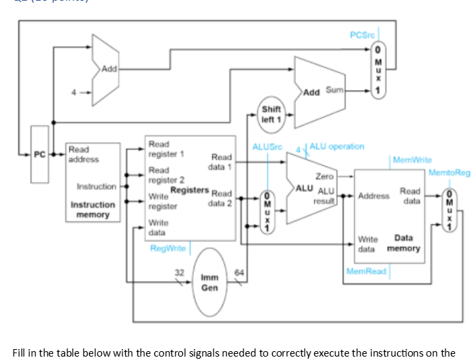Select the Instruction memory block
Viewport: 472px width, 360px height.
tap(92, 182)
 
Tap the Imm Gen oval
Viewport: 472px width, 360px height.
tap(209, 282)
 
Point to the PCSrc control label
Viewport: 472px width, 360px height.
tap(362, 35)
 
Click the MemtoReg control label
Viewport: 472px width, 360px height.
tap(449, 173)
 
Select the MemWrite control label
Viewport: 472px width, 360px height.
tap(413, 160)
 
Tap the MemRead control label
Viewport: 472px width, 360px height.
tap(366, 271)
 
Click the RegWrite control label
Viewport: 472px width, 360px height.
tap(168, 248)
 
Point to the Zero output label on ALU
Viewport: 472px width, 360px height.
tap(324, 176)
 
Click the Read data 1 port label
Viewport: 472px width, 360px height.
tap(222, 161)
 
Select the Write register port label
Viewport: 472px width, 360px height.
tap(161, 201)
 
